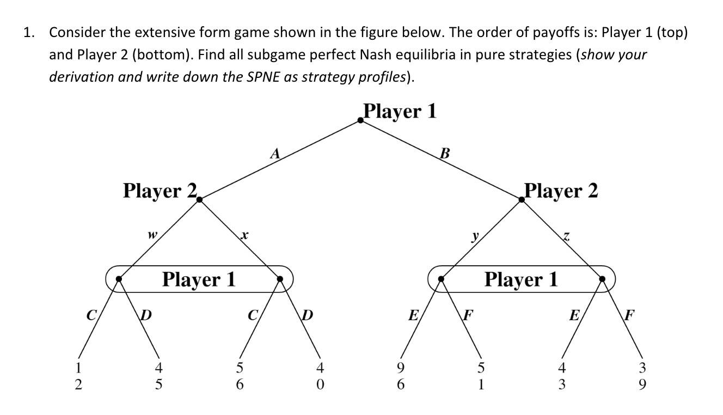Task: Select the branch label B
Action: [x=444, y=153]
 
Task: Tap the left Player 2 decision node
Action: [x=200, y=200]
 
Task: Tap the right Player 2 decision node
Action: [x=522, y=200]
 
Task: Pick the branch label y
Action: [x=475, y=236]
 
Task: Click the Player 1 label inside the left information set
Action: [x=199, y=279]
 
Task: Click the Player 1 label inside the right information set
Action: [x=522, y=279]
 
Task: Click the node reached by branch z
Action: [x=602, y=279]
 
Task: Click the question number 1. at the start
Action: [x=29, y=33]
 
